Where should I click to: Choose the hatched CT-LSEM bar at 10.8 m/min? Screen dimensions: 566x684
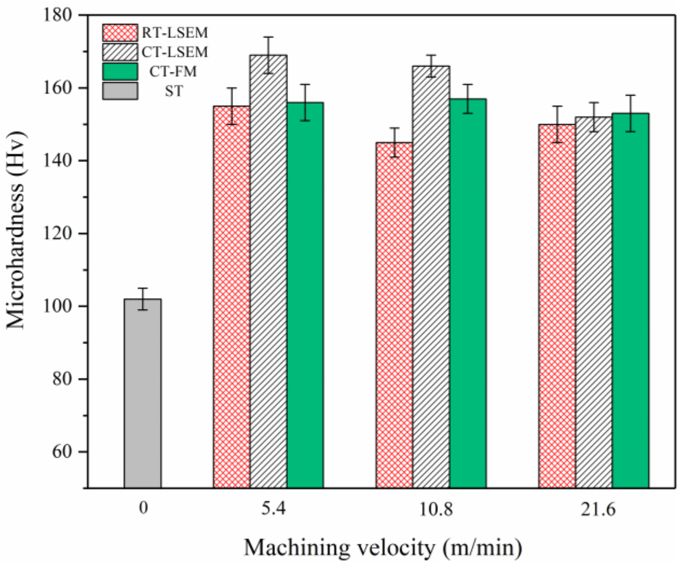click(431, 277)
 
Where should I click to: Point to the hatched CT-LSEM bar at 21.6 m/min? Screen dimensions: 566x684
click(593, 302)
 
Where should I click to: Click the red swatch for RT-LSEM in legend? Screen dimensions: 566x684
click(120, 33)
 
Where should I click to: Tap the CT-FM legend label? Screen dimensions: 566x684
click(173, 72)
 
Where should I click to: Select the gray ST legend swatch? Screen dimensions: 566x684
click(120, 91)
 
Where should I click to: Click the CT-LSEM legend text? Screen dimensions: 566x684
click(175, 52)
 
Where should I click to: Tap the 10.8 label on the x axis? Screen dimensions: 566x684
click(436, 509)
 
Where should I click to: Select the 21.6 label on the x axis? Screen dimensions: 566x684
click(598, 509)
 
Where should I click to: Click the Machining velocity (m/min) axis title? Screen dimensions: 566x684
click(383, 548)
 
